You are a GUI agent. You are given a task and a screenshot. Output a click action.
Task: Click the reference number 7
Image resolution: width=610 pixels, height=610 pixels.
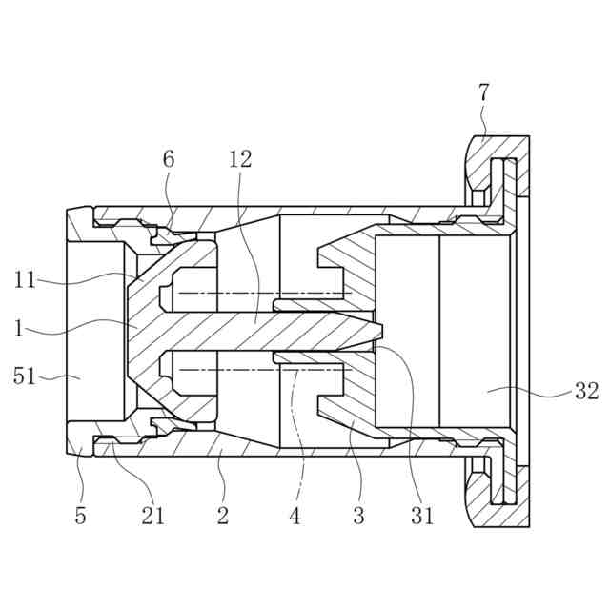click(484, 93)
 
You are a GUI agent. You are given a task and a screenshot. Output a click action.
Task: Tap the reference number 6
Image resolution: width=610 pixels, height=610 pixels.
click(169, 159)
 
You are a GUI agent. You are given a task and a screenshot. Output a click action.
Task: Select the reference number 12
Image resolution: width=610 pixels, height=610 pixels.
click(240, 159)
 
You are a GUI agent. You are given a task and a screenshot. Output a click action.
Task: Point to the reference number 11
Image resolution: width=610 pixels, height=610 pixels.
click(25, 280)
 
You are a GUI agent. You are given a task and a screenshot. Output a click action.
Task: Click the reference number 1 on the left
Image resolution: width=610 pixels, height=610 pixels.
click(18, 329)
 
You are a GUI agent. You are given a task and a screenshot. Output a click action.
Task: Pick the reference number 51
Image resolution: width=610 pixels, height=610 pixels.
click(25, 376)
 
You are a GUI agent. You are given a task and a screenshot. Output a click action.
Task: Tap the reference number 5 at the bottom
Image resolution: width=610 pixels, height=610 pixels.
click(80, 517)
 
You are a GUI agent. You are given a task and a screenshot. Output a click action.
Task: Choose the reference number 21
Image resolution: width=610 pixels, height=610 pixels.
click(152, 517)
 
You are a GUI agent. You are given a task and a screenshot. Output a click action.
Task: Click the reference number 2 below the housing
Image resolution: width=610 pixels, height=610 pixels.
click(223, 517)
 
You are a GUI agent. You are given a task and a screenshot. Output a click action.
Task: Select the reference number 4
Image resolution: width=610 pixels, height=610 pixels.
click(295, 517)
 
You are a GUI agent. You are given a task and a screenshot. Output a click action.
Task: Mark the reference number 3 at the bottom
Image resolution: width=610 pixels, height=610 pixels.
click(358, 517)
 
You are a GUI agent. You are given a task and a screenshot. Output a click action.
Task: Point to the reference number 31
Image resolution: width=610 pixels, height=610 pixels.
click(422, 517)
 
